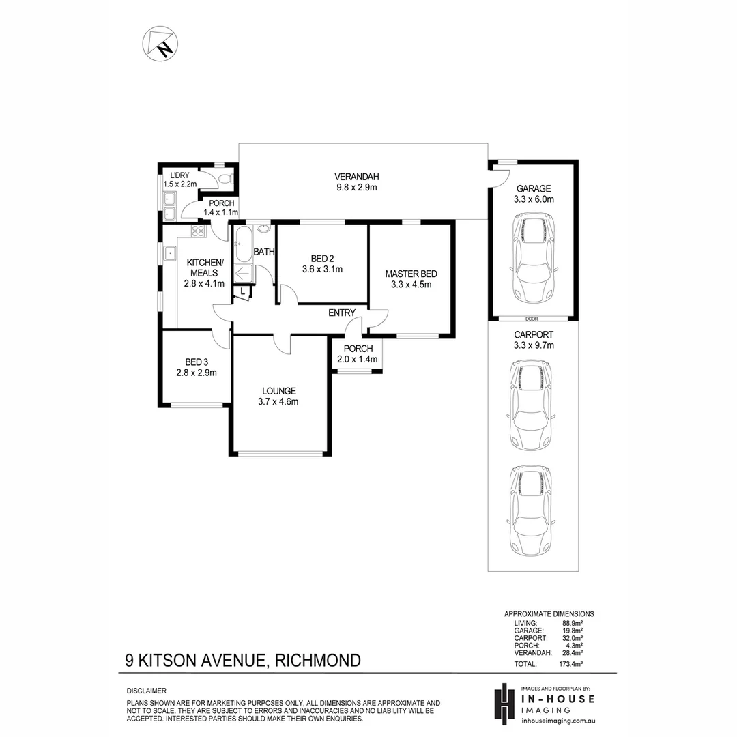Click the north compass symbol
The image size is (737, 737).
pos(159,43)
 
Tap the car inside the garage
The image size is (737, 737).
pos(533,259)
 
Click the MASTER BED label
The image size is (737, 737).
pos(411,274)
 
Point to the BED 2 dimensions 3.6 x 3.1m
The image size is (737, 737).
pos(322,270)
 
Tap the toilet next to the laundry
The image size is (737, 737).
pos(227,179)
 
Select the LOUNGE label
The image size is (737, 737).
pos(279,391)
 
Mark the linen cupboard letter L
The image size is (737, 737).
pos(242,291)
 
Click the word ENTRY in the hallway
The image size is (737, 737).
pos(342,313)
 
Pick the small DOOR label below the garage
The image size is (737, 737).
pos(532,319)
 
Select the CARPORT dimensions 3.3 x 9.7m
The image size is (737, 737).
pos(533,345)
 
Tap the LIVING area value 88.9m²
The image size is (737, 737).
pos(570,623)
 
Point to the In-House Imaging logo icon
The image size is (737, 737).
pos(504,702)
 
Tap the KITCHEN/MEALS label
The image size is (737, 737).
pos(204,268)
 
